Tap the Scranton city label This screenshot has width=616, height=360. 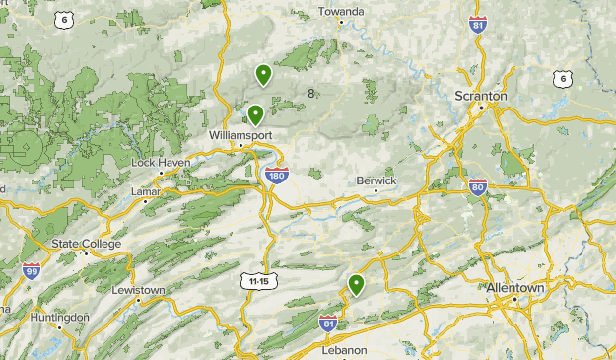[481, 96]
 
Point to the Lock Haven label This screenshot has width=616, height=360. [154, 162]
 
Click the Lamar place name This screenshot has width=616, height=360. [145, 190]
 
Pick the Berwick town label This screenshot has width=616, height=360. [376, 181]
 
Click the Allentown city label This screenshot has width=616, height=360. [514, 287]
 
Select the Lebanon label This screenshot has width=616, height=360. [344, 350]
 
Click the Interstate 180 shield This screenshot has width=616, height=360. [277, 175]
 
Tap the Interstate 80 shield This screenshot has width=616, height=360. [477, 186]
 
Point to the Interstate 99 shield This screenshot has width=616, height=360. [32, 270]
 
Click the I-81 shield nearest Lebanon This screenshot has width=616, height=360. [329, 322]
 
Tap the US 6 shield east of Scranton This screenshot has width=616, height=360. [562, 78]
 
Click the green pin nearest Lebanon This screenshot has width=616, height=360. [356, 285]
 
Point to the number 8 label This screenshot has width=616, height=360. [311, 94]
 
